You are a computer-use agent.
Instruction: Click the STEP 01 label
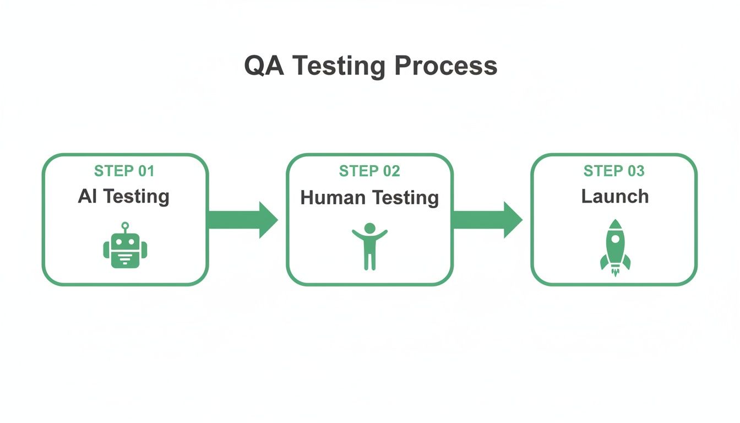[x=124, y=171]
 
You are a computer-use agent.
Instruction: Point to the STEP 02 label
[x=369, y=171]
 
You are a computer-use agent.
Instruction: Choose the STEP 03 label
[x=614, y=171]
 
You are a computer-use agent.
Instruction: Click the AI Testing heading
[x=124, y=196]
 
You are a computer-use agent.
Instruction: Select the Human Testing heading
[x=369, y=197]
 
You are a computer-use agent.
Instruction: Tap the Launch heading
[x=615, y=196]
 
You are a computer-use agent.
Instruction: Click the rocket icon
[x=615, y=248]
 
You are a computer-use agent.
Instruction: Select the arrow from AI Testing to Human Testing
[x=242, y=220]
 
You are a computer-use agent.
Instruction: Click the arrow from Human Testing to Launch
[x=487, y=220]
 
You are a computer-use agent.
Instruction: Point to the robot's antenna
[x=125, y=225]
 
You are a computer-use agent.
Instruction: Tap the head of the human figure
[x=370, y=227]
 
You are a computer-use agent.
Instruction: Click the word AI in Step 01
[x=87, y=196]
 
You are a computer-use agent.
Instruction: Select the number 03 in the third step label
[x=635, y=171]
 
